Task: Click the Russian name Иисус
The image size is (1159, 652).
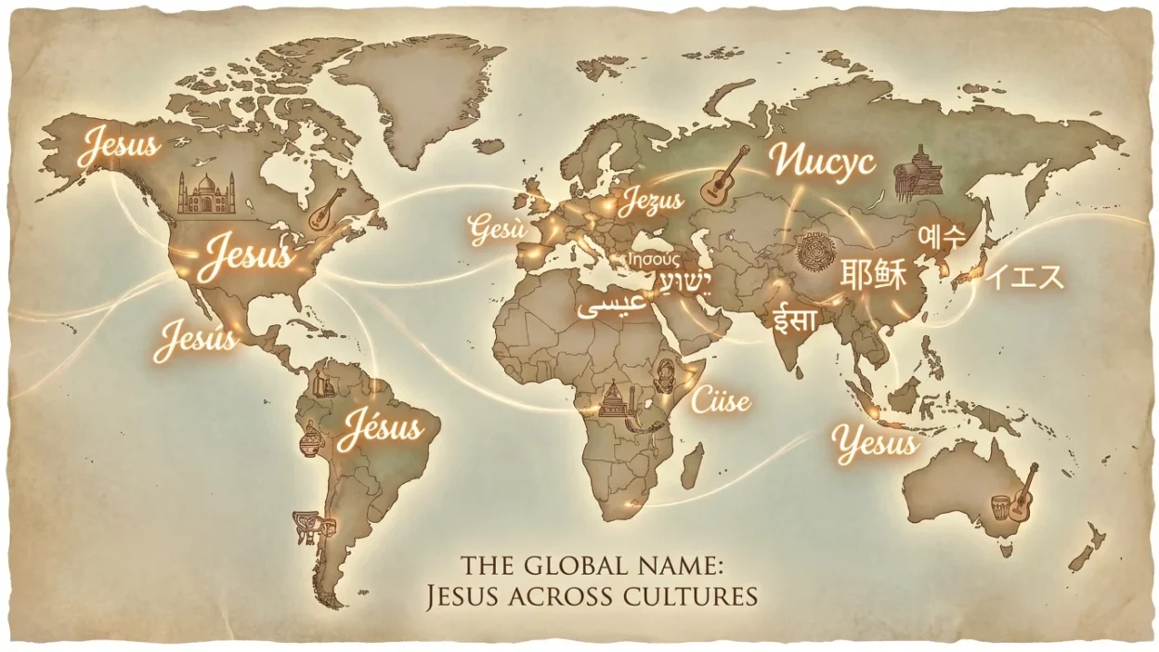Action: pyautogui.click(x=822, y=162)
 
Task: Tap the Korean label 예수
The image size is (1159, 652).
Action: pyautogui.click(x=941, y=236)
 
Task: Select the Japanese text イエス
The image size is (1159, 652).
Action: pyautogui.click(x=1024, y=277)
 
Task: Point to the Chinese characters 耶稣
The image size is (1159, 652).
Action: pyautogui.click(x=873, y=276)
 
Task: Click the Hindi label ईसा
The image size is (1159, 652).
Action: pyautogui.click(x=796, y=320)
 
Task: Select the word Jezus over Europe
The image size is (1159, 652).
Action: pyautogui.click(x=651, y=200)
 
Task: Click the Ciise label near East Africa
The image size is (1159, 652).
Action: pyautogui.click(x=720, y=401)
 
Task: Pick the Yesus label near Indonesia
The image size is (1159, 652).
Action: pyautogui.click(x=875, y=445)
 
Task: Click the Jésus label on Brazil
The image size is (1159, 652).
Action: pyautogui.click(x=380, y=429)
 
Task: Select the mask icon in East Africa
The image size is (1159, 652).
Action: pyautogui.click(x=665, y=376)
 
